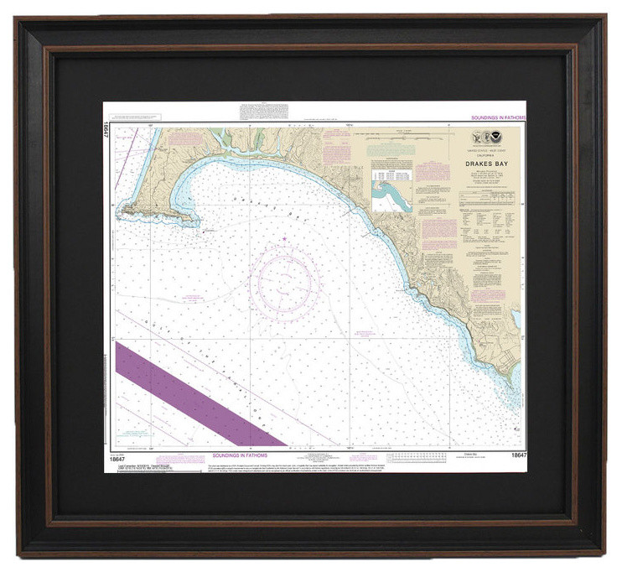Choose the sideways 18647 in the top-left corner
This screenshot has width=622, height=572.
[x=108, y=134]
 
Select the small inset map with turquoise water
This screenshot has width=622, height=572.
[x=392, y=198]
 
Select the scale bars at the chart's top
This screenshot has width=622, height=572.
[x=419, y=133]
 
